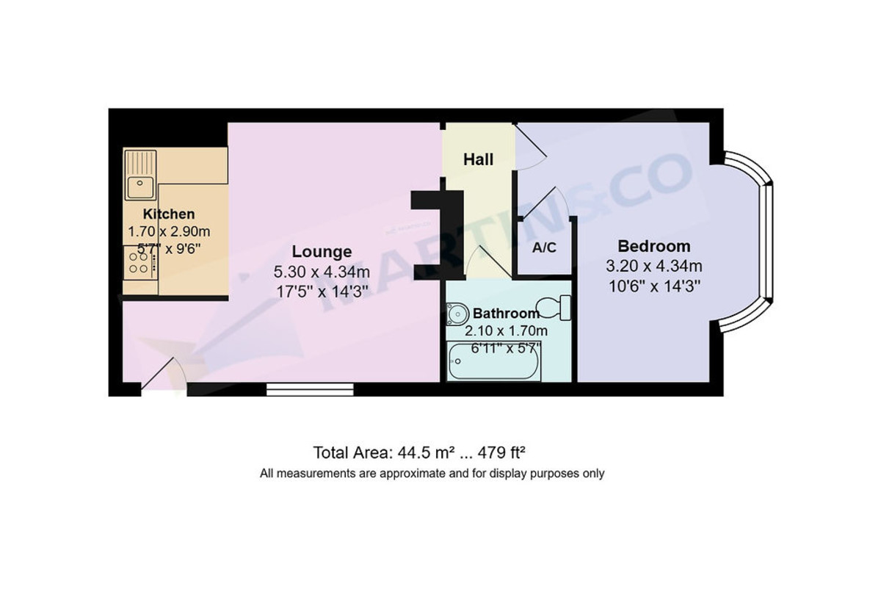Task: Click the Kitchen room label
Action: point(169,214)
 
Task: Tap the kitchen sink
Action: point(139,185)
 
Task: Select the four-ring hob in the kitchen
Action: point(138,262)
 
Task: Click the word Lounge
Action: point(321,252)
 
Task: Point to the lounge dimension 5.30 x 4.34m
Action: point(321,272)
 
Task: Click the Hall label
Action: point(478,159)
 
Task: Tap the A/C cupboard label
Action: point(544,247)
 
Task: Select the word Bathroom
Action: point(506,314)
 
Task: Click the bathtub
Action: point(494,363)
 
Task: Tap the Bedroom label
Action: point(653,246)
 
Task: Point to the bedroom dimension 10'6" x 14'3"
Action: point(653,286)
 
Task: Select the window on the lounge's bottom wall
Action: point(310,389)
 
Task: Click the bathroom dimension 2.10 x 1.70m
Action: point(507,330)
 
